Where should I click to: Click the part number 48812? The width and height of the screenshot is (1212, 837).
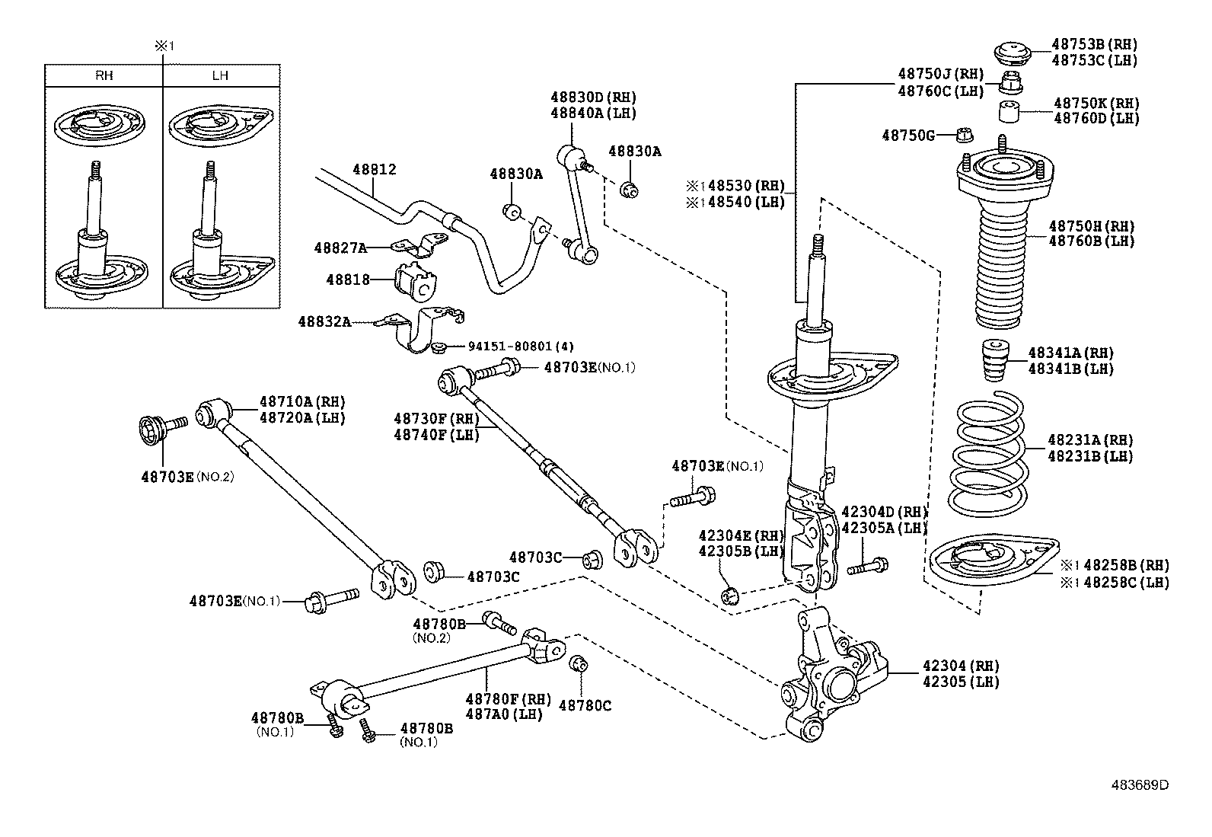coord(375,170)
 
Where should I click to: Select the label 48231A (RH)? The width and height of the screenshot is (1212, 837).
coord(1090,440)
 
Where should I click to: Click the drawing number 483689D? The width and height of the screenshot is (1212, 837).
coord(1140,784)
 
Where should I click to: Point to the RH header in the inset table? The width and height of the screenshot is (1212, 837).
coord(104,75)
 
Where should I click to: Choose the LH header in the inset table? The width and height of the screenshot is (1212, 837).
coord(220,75)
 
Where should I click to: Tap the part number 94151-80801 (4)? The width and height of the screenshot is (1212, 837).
coord(521,346)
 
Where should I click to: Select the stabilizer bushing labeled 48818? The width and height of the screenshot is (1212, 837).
coord(417,280)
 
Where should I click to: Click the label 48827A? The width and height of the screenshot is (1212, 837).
coord(340,248)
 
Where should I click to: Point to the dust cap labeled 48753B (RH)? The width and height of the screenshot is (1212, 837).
coord(1013,56)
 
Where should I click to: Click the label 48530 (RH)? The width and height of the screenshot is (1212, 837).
coord(746,186)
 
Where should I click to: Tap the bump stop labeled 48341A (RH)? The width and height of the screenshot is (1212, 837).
coord(995,360)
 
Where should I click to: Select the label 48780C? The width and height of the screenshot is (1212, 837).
coord(585,705)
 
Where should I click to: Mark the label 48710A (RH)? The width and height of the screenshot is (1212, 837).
coord(302,401)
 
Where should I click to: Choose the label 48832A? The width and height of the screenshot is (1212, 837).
coord(324,322)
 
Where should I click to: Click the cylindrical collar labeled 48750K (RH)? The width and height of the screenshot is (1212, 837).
coord(1009,112)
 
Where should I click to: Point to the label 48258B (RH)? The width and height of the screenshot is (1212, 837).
coord(1127,565)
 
